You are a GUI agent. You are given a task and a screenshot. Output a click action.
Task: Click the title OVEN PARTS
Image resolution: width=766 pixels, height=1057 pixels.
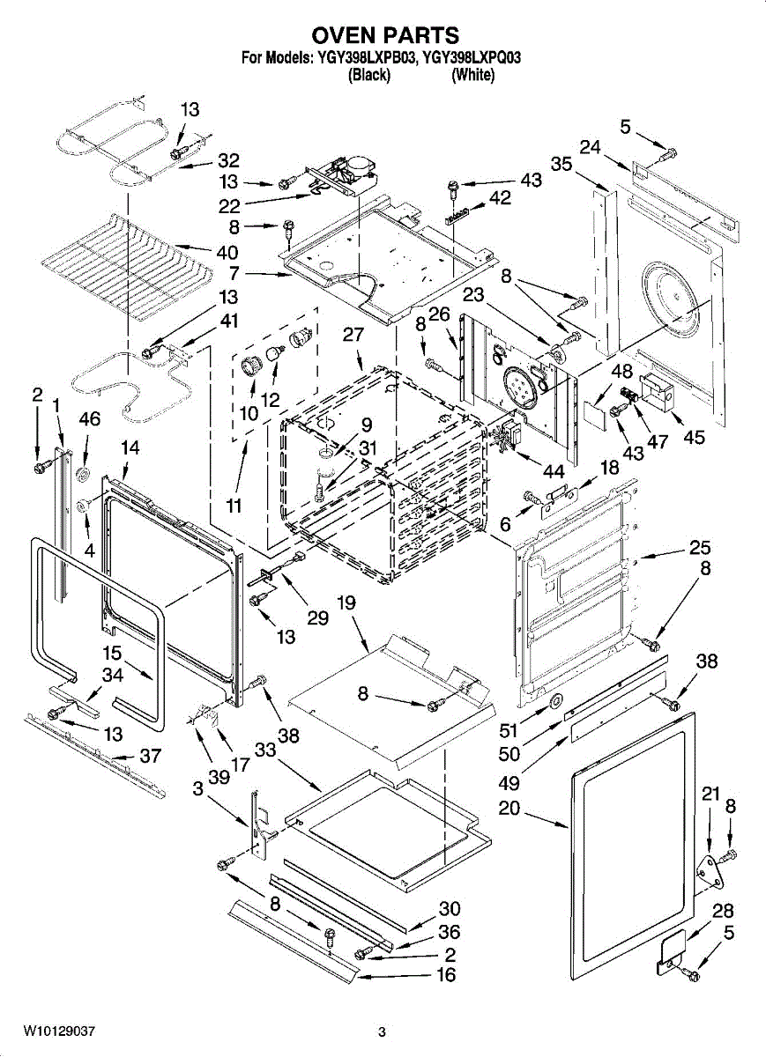(x=385, y=35)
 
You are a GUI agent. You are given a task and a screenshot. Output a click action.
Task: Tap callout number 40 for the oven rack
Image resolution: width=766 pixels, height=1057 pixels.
(x=227, y=252)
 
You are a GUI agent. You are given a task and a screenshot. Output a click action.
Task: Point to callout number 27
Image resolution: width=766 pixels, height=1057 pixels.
(x=353, y=336)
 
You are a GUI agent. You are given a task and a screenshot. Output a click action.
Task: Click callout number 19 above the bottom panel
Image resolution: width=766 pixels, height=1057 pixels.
(x=347, y=603)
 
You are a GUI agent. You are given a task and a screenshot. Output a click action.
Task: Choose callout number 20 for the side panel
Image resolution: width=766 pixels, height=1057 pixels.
(x=509, y=809)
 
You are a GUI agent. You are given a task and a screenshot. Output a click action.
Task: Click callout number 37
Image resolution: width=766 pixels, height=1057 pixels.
(x=152, y=756)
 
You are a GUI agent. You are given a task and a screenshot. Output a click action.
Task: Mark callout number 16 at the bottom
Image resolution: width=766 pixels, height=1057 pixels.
(x=448, y=975)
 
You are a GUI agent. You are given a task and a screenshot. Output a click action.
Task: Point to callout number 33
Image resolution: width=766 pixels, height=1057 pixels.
(x=265, y=750)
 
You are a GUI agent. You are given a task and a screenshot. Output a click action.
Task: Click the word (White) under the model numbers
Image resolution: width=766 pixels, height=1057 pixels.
(x=472, y=76)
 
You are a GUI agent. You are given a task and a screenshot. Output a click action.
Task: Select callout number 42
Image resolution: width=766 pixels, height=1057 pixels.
(x=500, y=199)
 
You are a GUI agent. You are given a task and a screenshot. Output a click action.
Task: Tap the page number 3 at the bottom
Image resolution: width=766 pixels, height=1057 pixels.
(x=382, y=1031)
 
